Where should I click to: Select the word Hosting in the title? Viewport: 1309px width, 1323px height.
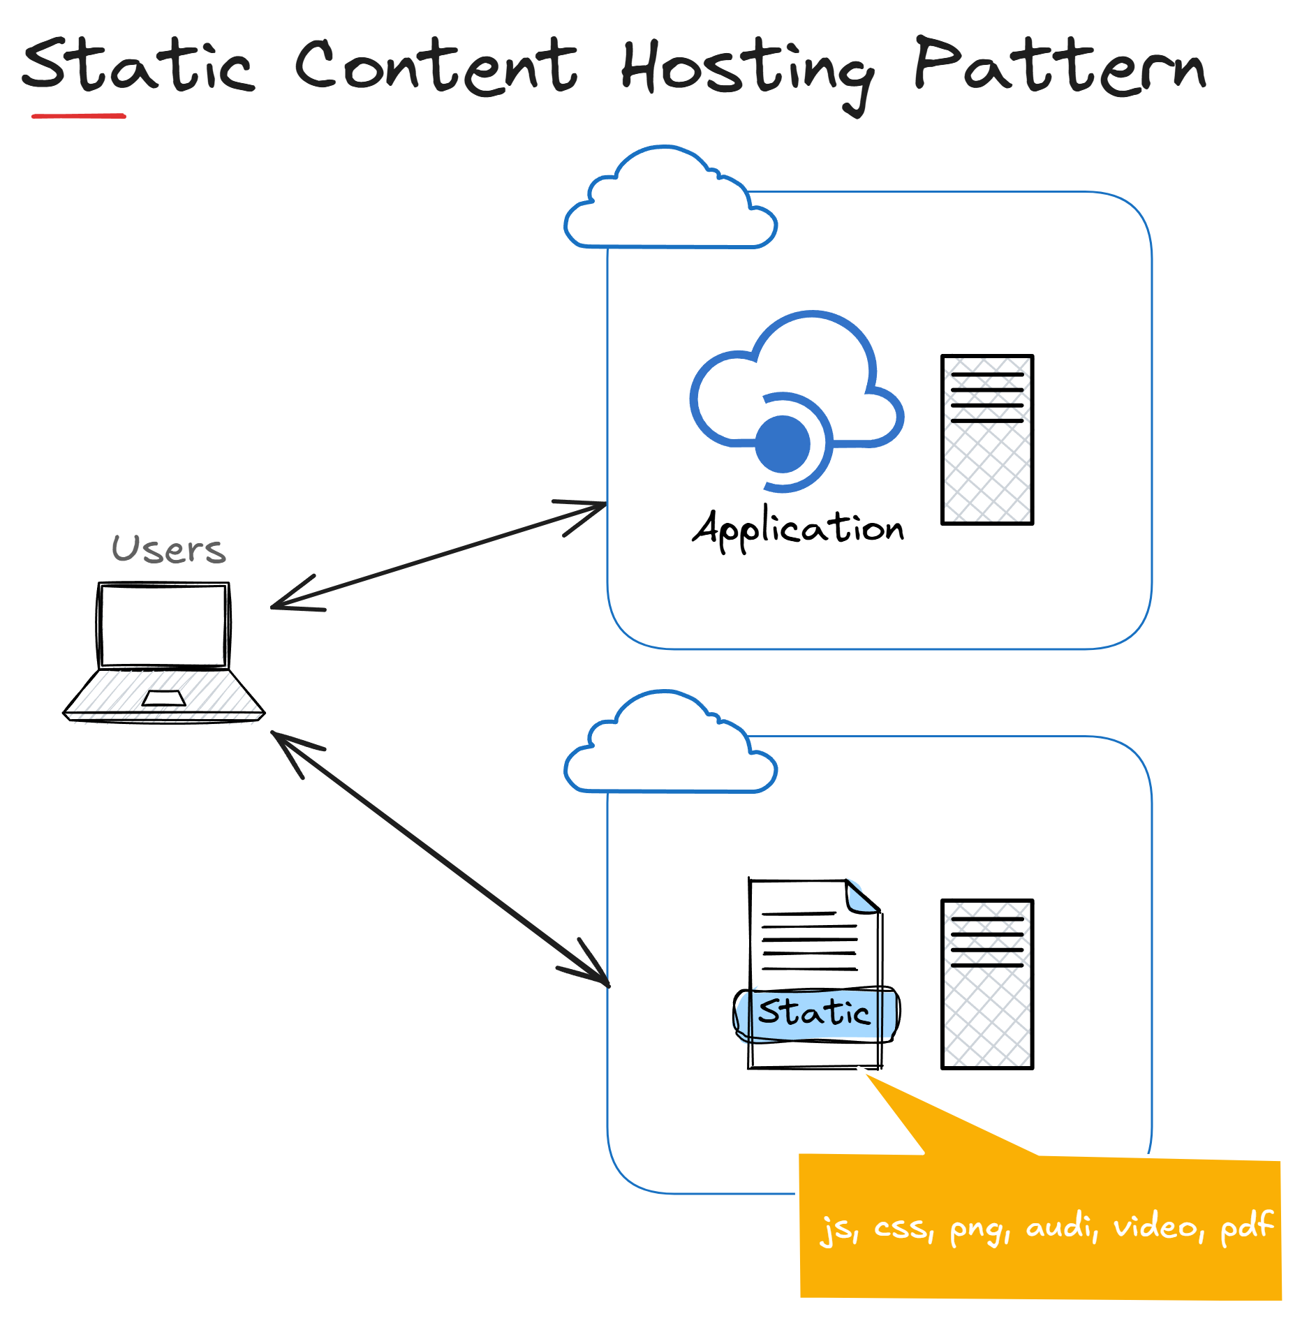coord(746,71)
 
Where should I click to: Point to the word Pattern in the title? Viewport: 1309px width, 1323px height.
coord(1059,68)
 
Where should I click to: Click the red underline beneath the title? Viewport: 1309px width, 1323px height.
coord(79,116)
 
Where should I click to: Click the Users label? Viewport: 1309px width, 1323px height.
coord(169,549)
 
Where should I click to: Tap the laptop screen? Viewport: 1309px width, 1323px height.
coord(163,626)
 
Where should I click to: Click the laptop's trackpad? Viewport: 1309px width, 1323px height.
coord(164,698)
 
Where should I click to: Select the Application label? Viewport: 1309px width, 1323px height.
coord(798,529)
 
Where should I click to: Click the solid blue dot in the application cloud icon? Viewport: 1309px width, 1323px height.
coord(783,444)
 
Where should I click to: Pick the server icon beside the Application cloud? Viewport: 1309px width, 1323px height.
coord(986,440)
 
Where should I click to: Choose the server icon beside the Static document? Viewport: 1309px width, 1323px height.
coord(986,984)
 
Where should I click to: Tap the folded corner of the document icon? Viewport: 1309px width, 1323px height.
coord(861,896)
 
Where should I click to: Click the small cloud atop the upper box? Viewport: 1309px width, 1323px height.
coord(670,202)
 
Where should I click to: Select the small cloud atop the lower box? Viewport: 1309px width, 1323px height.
coord(670,747)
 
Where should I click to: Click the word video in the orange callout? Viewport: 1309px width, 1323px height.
coord(1157,1227)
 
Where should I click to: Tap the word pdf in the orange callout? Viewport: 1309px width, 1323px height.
coord(1246,1227)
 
